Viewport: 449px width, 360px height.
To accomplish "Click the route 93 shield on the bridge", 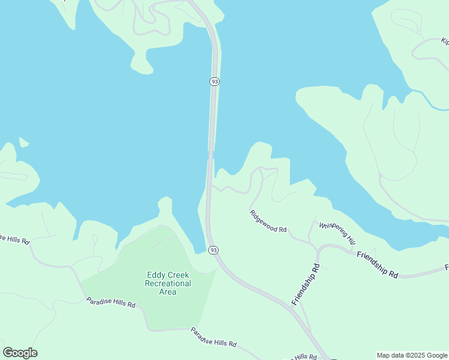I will (x=214, y=81).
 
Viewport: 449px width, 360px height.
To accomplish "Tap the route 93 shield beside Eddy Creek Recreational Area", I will (x=212, y=250).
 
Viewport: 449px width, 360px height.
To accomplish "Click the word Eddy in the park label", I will (x=156, y=275).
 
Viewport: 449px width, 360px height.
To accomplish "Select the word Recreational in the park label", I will (x=169, y=283).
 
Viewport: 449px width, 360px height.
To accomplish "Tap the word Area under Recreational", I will (x=168, y=292).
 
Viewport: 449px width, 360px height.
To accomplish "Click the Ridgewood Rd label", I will (x=268, y=221).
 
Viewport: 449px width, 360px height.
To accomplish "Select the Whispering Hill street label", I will (x=337, y=233).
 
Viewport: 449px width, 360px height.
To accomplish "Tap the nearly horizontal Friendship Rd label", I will (x=377, y=264).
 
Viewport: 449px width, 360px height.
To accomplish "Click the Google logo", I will (x=20, y=353).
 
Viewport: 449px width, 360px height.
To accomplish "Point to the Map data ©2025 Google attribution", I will (x=412, y=355).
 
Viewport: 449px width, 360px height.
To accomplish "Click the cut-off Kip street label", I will (x=445, y=41).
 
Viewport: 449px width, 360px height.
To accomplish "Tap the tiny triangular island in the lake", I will (x=23, y=142).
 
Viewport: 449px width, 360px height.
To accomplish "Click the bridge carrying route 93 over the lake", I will (x=212, y=120).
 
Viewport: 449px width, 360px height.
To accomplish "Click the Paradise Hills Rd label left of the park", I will (x=110, y=303).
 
